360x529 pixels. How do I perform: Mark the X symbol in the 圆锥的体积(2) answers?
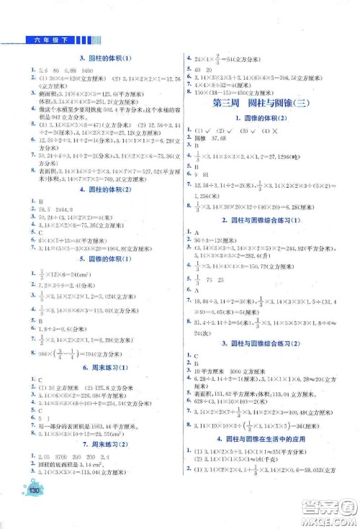click(x=285, y=130)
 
